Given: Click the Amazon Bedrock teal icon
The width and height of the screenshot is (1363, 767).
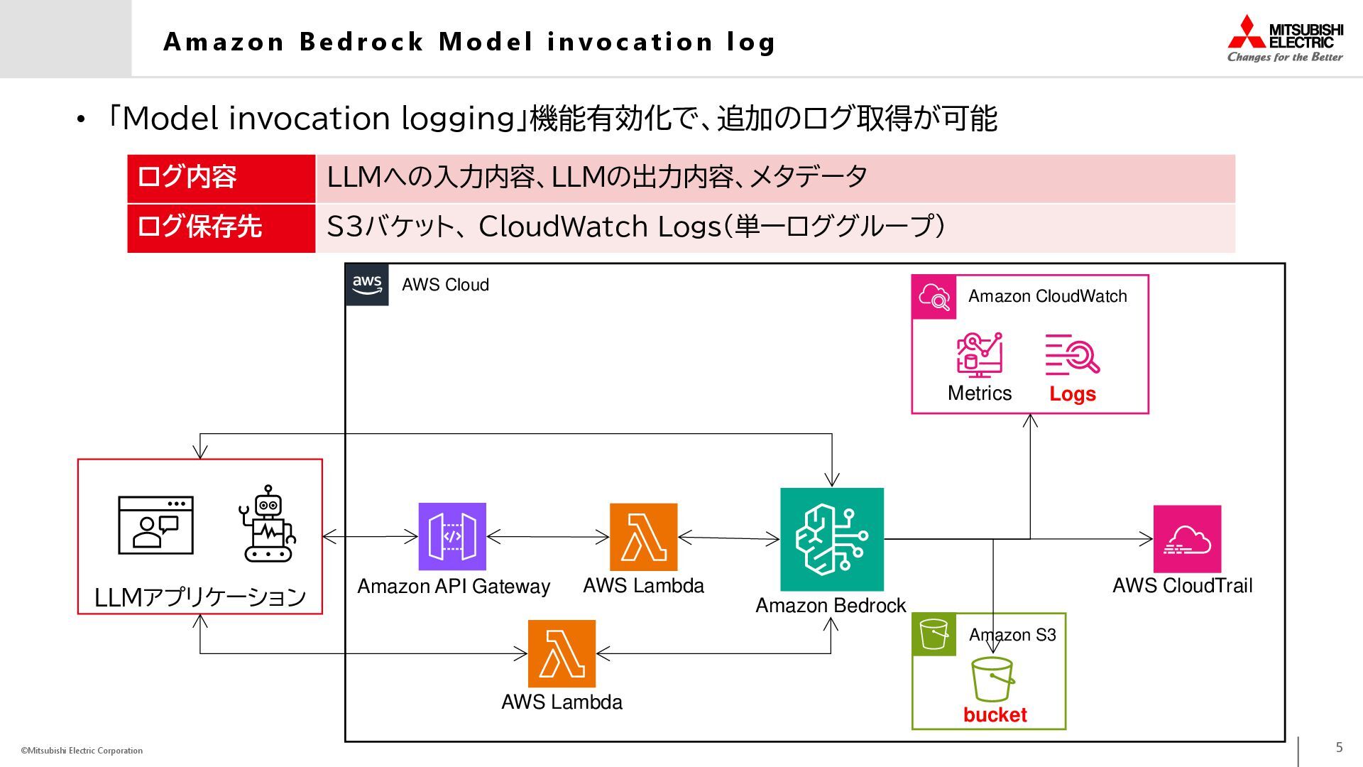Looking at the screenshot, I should (x=832, y=539).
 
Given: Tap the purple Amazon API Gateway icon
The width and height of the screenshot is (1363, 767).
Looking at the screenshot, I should (x=452, y=536).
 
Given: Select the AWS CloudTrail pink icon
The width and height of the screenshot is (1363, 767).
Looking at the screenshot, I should (x=1187, y=539).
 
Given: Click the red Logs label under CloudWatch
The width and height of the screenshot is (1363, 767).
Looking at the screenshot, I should (x=1073, y=393).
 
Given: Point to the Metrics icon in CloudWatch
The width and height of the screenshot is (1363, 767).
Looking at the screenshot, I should (x=980, y=354).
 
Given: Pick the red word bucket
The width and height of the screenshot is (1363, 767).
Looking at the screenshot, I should (x=995, y=714).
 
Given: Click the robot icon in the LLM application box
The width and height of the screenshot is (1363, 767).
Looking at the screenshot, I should (x=268, y=524).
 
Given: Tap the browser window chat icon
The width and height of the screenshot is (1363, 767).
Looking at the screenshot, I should (x=155, y=526).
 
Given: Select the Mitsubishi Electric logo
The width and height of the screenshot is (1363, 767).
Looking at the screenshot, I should (x=1285, y=39).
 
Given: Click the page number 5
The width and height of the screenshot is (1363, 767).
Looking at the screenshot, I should (x=1339, y=747).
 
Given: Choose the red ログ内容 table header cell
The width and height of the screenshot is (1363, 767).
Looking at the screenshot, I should (x=221, y=178).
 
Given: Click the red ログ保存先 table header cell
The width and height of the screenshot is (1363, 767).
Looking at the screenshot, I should (x=221, y=227).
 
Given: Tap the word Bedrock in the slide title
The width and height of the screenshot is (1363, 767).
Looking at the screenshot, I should (x=361, y=42).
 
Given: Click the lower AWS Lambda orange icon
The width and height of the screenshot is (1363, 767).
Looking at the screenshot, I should (x=562, y=653).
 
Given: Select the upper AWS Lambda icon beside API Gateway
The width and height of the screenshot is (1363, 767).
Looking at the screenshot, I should (x=643, y=537).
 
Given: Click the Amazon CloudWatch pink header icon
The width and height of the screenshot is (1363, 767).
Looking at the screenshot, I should (x=934, y=297).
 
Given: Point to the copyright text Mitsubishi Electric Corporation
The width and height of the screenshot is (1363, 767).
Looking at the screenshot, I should (x=82, y=751).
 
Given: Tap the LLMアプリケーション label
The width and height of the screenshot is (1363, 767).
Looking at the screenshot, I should (x=200, y=597).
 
